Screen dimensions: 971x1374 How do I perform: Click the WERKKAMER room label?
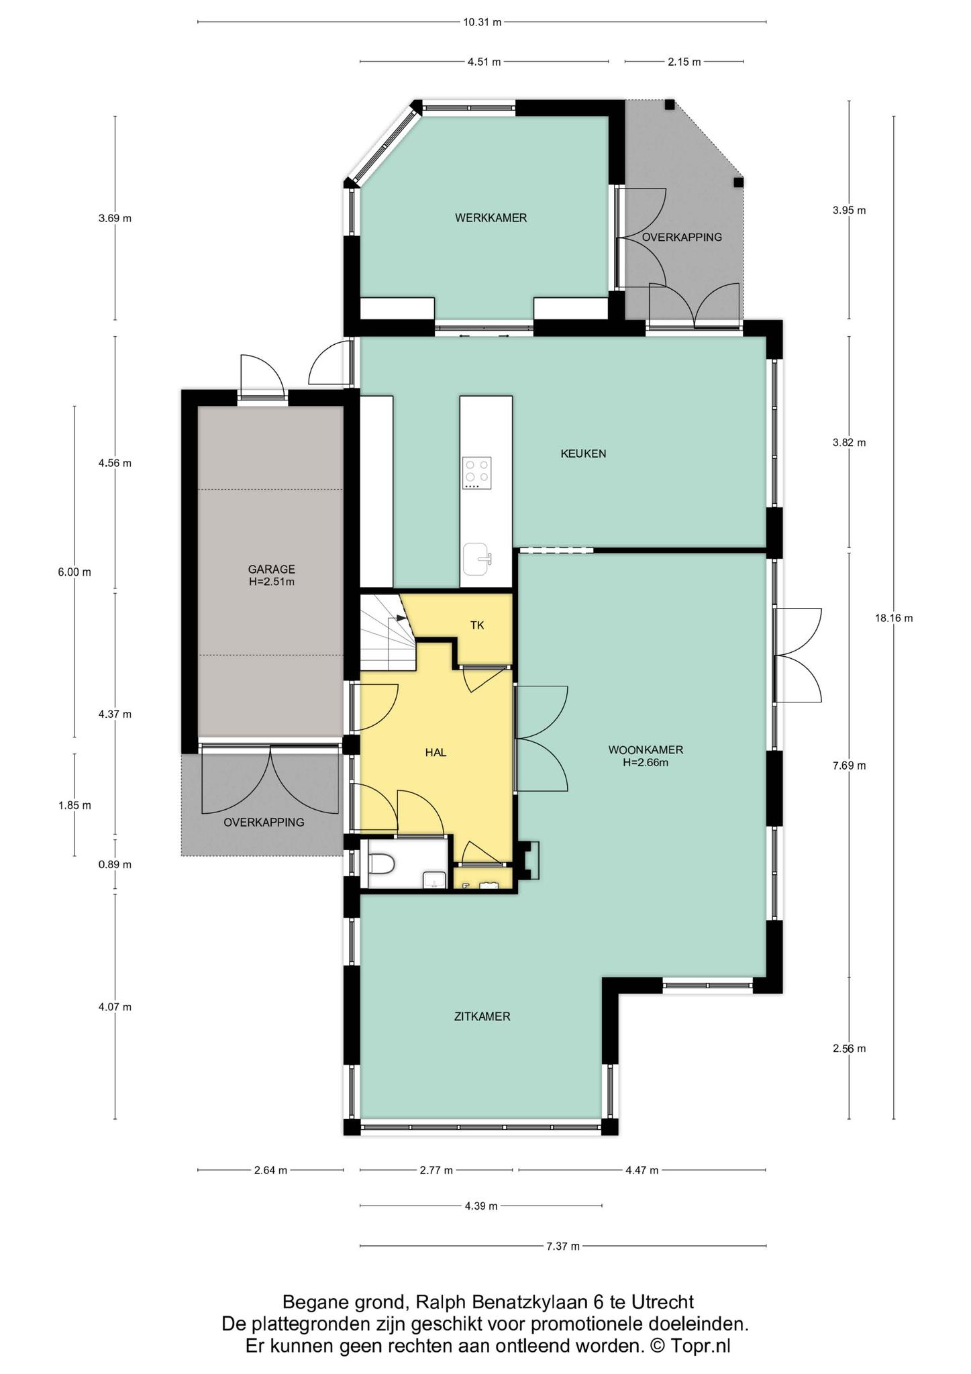point(491,218)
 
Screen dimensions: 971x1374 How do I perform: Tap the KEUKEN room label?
point(583,454)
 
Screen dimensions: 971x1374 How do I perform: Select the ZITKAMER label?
point(482,1016)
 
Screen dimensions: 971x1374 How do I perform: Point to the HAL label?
point(436,753)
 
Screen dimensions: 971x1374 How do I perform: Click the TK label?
point(477,625)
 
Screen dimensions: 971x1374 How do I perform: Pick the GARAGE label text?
point(271,570)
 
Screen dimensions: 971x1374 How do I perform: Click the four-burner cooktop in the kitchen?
point(477,473)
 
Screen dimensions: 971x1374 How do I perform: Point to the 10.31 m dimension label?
point(482,22)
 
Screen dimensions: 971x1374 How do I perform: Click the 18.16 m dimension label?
point(894,619)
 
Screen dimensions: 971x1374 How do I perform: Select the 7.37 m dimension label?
point(563,1246)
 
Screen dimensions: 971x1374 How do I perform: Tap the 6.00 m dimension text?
point(74,572)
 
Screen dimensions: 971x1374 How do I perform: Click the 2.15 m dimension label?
point(684,62)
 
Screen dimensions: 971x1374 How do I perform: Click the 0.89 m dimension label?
point(115,865)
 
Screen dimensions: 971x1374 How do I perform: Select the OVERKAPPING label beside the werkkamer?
point(682,237)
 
